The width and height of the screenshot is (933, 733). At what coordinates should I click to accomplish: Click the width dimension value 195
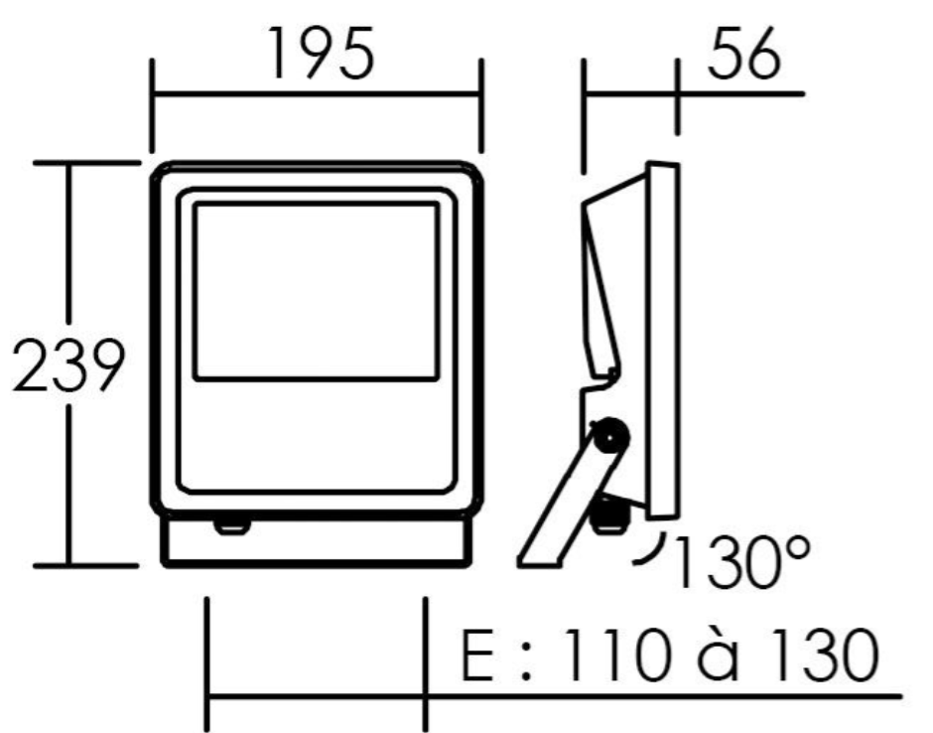[x=322, y=53]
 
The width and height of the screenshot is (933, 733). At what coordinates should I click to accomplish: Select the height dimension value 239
[x=68, y=366]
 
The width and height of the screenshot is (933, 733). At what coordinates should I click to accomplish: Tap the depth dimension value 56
[x=743, y=53]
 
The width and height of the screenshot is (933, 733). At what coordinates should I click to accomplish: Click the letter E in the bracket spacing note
[x=477, y=655]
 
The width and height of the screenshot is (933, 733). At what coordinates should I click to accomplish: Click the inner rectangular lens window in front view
[x=316, y=291]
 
